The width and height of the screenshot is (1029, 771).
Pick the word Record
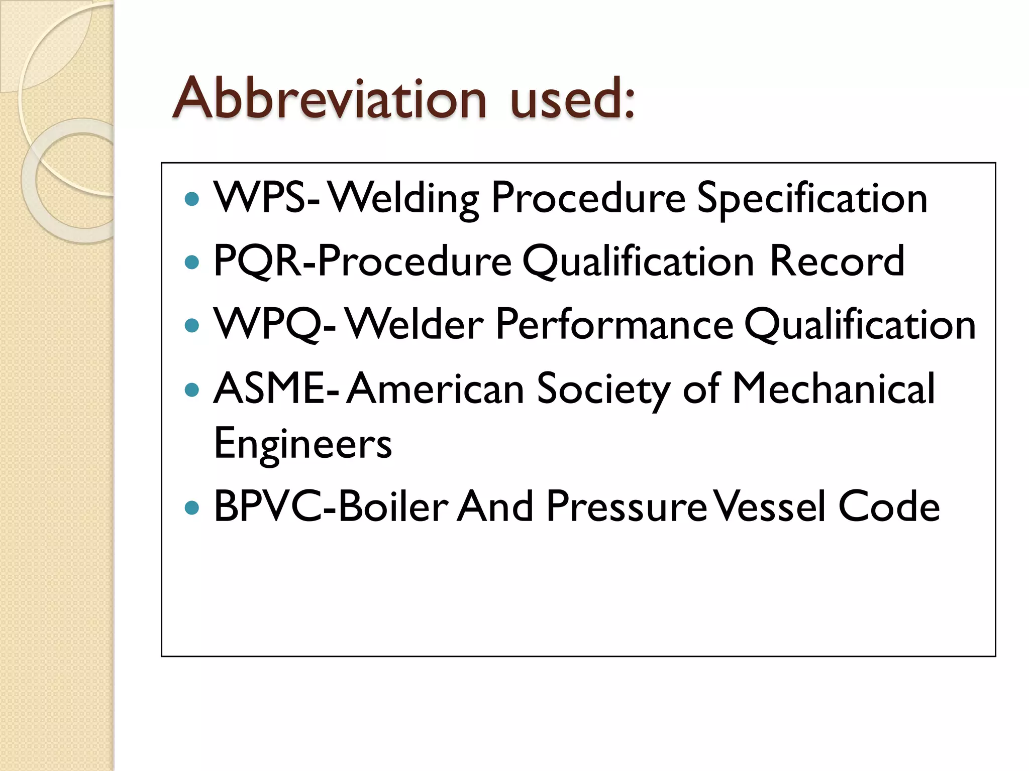(837, 261)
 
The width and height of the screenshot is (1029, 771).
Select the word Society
(603, 390)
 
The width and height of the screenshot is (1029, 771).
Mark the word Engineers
(302, 444)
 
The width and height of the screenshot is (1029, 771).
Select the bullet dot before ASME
(192, 390)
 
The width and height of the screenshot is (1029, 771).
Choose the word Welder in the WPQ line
(415, 324)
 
